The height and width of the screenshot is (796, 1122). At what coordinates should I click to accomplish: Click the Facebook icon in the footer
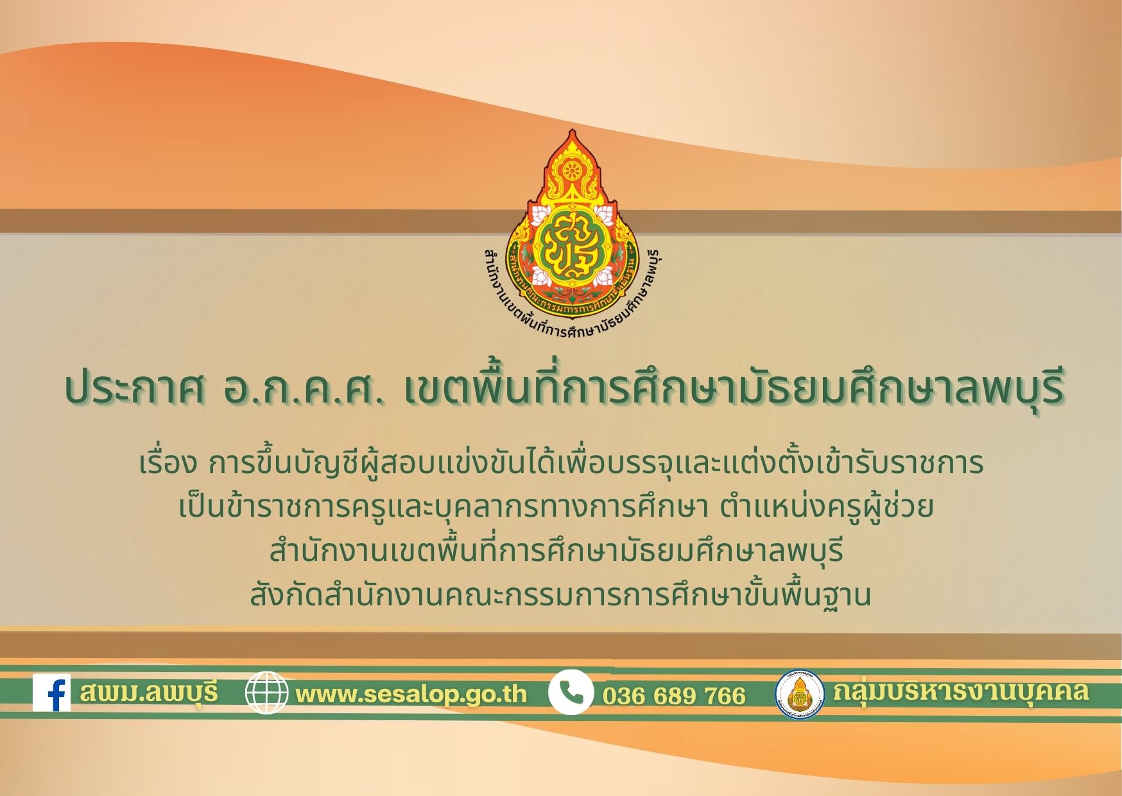[51, 692]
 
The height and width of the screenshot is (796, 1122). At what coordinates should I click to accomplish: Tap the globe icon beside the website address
[267, 693]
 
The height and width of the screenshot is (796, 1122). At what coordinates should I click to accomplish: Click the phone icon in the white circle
[571, 692]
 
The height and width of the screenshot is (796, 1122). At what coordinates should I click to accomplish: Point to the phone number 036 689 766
[674, 696]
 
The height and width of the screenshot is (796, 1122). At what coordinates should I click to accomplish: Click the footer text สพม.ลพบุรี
[150, 693]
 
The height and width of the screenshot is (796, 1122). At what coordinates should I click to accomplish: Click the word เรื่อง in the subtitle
[169, 464]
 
